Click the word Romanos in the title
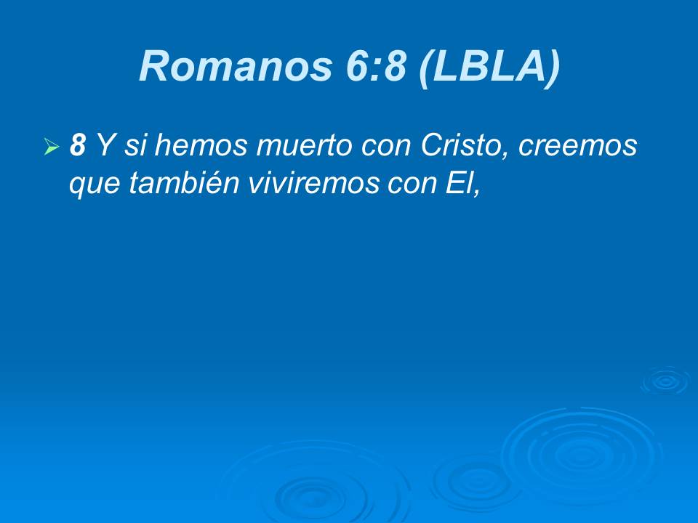point(236,66)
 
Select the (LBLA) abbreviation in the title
point(489,67)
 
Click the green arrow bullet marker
point(52,146)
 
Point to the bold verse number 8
point(78,145)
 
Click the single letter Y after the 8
point(105,145)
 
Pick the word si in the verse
point(134,145)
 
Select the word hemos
point(201,145)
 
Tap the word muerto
point(305,145)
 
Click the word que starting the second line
point(94,185)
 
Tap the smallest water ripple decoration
point(665,381)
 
